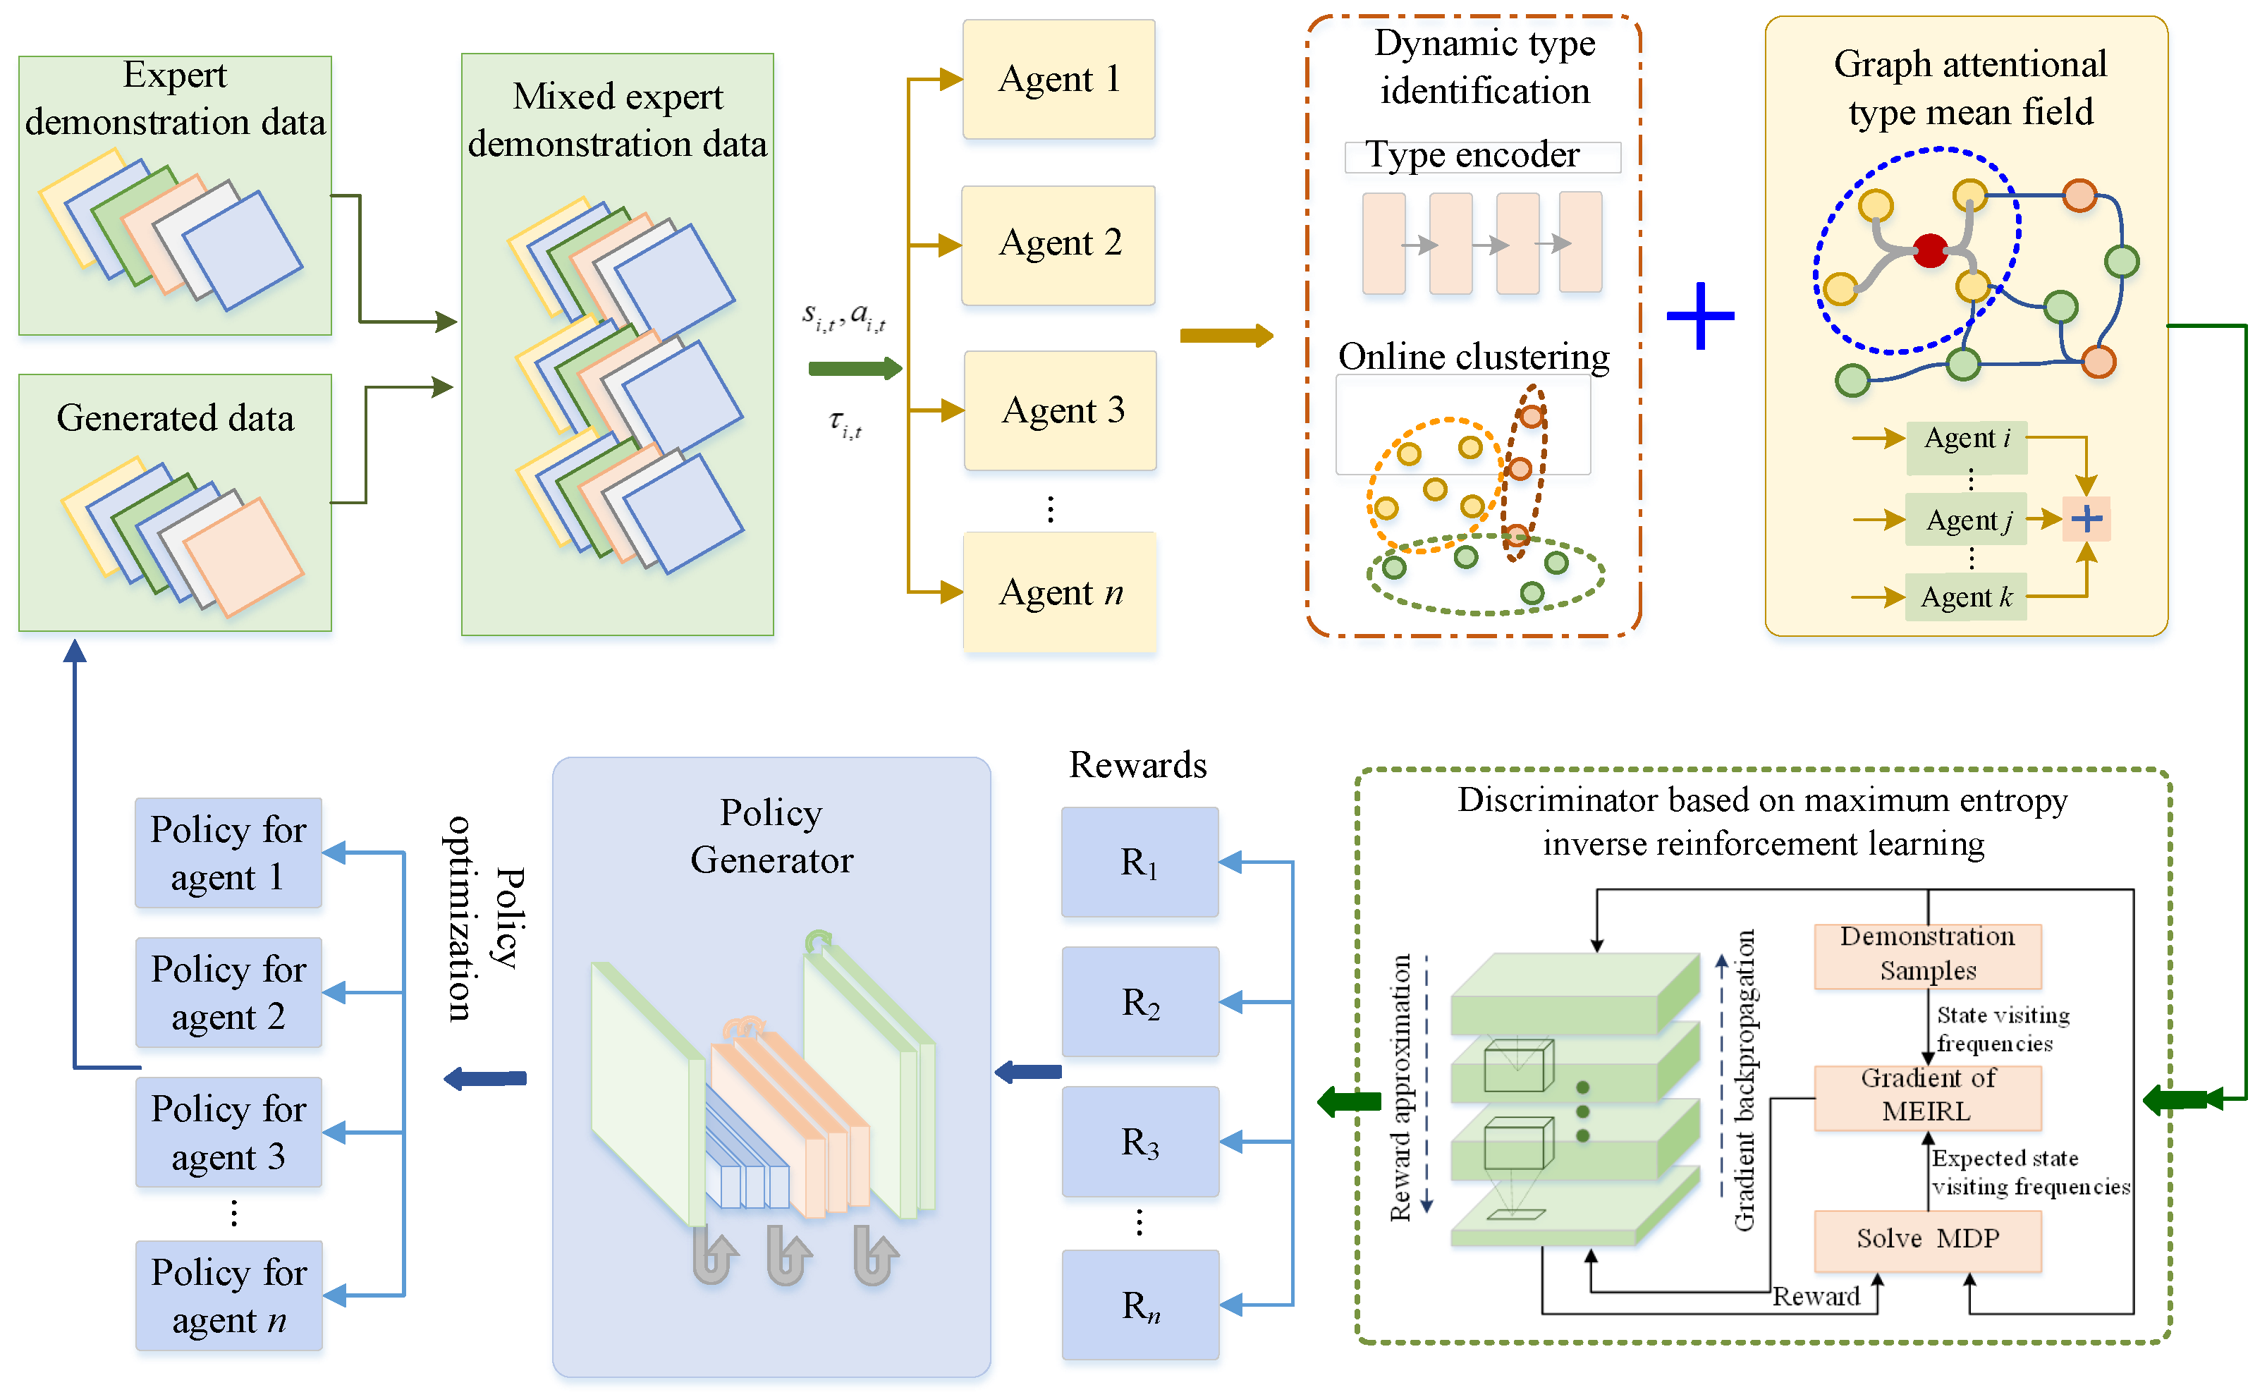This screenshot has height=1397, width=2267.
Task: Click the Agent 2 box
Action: pyautogui.click(x=1058, y=245)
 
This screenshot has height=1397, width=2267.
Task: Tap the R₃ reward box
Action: pyautogui.click(x=1140, y=1141)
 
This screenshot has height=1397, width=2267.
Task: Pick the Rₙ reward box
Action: pyautogui.click(x=1140, y=1305)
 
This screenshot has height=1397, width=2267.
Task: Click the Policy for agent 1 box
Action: pyautogui.click(x=228, y=853)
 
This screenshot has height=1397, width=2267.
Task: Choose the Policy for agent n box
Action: pyautogui.click(x=228, y=1295)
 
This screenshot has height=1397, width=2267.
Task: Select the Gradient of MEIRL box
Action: pyautogui.click(x=1927, y=1097)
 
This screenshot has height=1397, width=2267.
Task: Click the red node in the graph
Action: pyautogui.click(x=1930, y=250)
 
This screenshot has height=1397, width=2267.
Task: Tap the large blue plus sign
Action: pyautogui.click(x=1700, y=316)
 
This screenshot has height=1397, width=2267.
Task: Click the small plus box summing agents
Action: pyautogui.click(x=2086, y=519)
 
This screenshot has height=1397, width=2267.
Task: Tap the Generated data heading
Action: pyautogui.click(x=175, y=417)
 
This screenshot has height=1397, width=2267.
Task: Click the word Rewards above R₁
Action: pyautogui.click(x=1137, y=765)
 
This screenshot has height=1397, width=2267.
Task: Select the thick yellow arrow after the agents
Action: pyautogui.click(x=1226, y=336)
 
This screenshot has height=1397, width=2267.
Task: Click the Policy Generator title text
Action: pyautogui.click(x=771, y=836)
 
